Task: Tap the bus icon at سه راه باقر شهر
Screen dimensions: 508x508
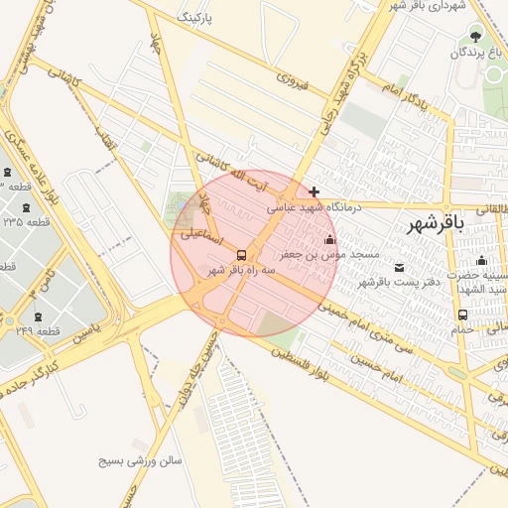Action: click(x=243, y=255)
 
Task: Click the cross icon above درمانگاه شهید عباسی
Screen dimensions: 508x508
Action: click(x=315, y=191)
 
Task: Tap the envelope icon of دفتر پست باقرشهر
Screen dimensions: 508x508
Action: click(x=400, y=267)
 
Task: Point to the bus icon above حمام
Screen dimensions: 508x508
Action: click(x=462, y=316)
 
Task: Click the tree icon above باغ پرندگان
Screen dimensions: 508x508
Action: click(x=474, y=36)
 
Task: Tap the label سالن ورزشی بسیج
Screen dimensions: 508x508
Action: click(x=140, y=461)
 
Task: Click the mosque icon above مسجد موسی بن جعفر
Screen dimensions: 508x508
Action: click(x=330, y=239)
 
